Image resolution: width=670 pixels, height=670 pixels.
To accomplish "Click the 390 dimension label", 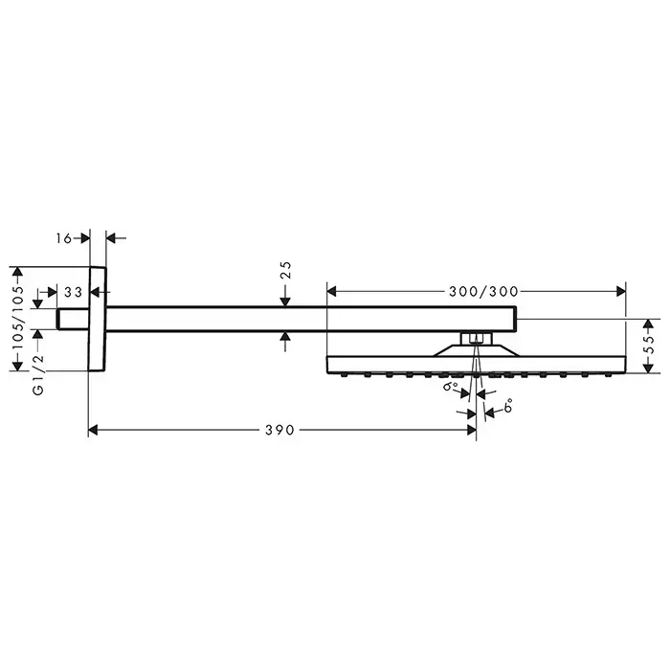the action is coord(279,430).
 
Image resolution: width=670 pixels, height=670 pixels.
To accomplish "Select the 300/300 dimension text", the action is coord(483,292).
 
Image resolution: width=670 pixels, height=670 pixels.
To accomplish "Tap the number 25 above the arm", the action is coord(286,271).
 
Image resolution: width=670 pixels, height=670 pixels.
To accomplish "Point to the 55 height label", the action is coord(649,345).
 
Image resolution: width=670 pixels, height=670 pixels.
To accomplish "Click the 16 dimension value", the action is coord(64,238).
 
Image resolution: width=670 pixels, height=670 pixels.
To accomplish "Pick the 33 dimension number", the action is coord(73,292).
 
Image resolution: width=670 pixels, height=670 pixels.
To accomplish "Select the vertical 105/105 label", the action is coord(18,319).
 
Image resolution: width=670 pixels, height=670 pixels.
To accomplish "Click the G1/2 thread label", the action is coord(38,374).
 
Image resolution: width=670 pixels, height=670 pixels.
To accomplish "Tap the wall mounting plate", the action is coord(98,319).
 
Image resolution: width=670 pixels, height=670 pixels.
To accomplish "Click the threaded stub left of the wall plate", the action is coord(73,319).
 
